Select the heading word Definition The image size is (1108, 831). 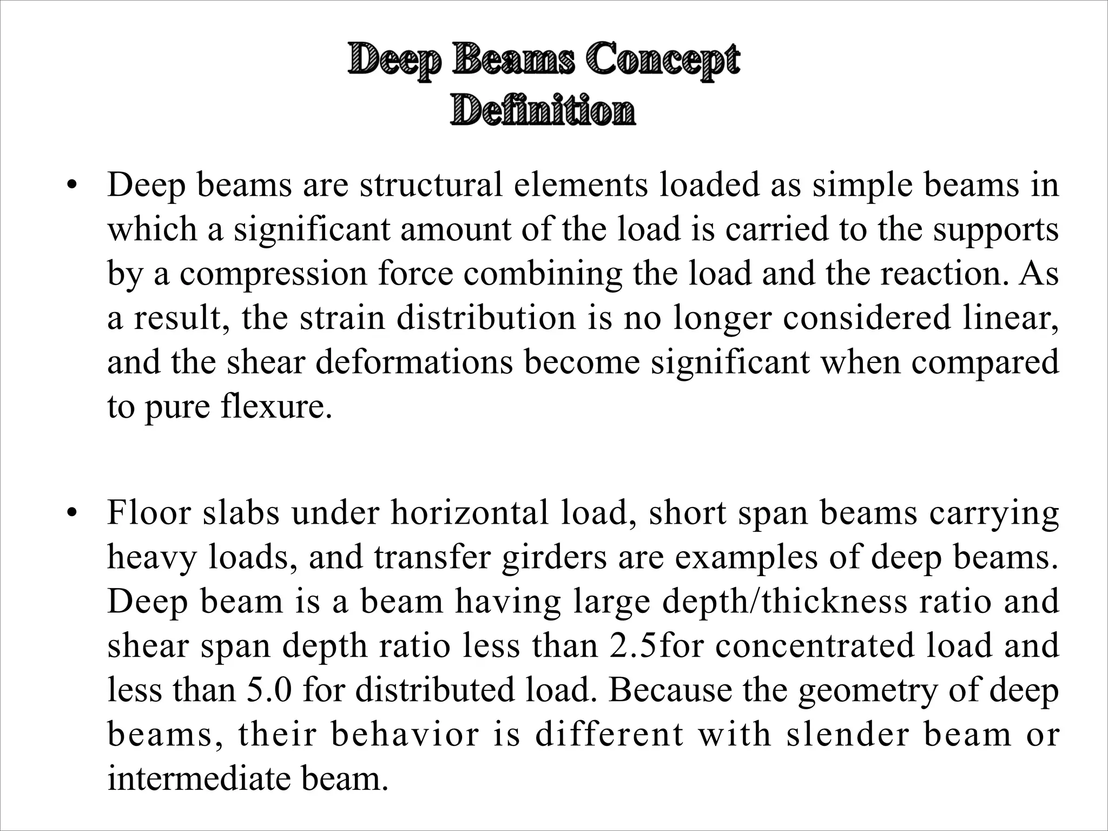coord(543,110)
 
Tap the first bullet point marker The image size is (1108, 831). coord(70,186)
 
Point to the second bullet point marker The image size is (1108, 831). coord(70,513)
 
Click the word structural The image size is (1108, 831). coord(433,185)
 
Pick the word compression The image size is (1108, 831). coord(273,274)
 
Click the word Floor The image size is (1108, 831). coord(149,513)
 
